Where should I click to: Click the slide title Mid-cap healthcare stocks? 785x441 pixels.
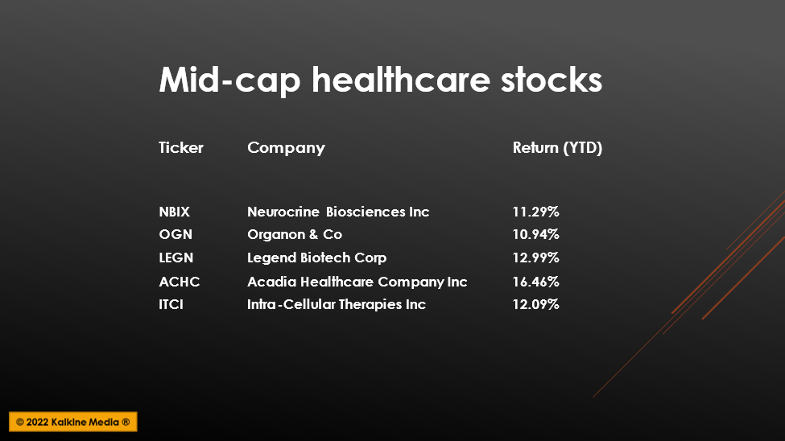pyautogui.click(x=381, y=80)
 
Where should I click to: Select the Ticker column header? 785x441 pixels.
pyautogui.click(x=180, y=147)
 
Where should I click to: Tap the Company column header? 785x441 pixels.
pyautogui.click(x=286, y=148)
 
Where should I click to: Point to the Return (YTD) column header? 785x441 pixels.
pyautogui.click(x=557, y=147)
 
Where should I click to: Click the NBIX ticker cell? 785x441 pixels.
pyautogui.click(x=174, y=212)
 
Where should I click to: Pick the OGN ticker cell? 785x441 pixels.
pyautogui.click(x=176, y=234)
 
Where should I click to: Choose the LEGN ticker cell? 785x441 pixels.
pyautogui.click(x=176, y=258)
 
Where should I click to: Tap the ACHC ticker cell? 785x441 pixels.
pyautogui.click(x=180, y=282)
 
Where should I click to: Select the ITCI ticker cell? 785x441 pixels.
pyautogui.click(x=171, y=304)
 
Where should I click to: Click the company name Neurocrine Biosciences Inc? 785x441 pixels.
pyautogui.click(x=338, y=212)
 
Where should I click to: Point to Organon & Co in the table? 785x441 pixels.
pyautogui.click(x=295, y=234)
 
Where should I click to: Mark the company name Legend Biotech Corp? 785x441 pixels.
pyautogui.click(x=317, y=258)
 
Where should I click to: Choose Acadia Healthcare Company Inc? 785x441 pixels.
pyautogui.click(x=357, y=282)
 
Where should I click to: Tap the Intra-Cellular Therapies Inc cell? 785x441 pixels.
pyautogui.click(x=337, y=304)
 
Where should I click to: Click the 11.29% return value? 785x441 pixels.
pyautogui.click(x=535, y=212)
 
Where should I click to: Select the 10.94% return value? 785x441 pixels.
pyautogui.click(x=535, y=234)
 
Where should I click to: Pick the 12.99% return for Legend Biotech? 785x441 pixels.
pyautogui.click(x=535, y=258)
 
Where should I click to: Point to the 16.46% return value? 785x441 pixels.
pyautogui.click(x=535, y=282)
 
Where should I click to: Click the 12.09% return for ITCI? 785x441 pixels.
pyautogui.click(x=535, y=304)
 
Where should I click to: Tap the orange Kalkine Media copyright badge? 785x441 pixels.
pyautogui.click(x=73, y=422)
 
